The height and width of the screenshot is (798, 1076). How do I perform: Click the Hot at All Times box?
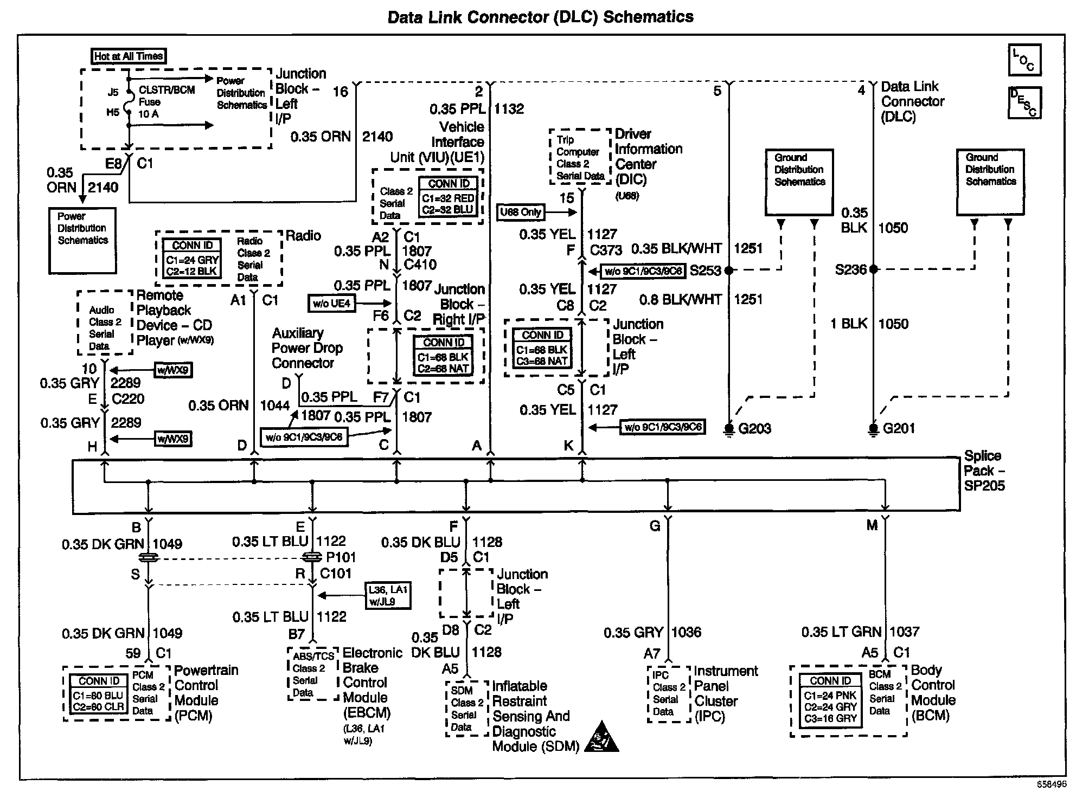128,56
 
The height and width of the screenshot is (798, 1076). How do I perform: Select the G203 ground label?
754,428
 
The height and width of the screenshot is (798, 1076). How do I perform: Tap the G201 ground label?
898,428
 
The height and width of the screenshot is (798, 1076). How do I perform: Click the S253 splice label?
704,271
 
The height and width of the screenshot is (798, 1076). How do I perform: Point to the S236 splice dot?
873,269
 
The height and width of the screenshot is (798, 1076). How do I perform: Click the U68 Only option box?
521,212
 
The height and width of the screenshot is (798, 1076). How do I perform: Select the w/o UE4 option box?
331,303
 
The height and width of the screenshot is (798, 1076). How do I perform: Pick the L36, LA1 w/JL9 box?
388,595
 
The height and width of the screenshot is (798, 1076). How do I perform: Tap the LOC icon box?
1024,60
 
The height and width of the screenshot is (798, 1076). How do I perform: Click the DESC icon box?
1024,102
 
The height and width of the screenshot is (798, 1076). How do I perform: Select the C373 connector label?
606,250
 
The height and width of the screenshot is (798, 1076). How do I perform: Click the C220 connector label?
128,399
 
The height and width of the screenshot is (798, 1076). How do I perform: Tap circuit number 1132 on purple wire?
510,109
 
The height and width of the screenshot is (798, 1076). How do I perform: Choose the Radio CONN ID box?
192,259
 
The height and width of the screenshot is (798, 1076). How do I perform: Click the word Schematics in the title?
648,17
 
